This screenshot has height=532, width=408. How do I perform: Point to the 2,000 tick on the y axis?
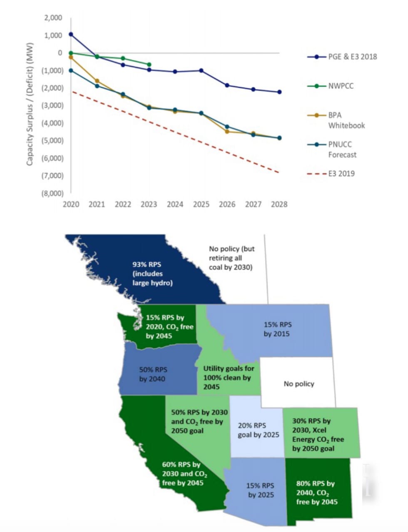click(53, 18)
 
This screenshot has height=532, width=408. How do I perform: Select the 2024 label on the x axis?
click(175, 204)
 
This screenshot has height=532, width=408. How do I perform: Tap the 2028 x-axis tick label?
click(279, 204)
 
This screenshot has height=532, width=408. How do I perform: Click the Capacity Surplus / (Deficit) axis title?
click(30, 104)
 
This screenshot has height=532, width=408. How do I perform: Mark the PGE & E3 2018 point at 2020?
click(71, 34)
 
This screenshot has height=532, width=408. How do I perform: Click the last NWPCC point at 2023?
click(149, 65)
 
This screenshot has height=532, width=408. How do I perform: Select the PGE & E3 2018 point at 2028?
click(279, 92)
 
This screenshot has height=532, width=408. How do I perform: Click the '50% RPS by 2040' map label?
click(153, 374)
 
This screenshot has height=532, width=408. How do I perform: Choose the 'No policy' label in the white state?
click(299, 384)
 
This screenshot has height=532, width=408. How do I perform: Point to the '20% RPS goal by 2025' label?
click(258, 430)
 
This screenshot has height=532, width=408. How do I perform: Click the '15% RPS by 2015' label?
click(277, 329)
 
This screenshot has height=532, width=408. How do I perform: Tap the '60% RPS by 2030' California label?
click(183, 473)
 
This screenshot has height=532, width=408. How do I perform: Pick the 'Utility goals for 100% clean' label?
click(229, 378)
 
